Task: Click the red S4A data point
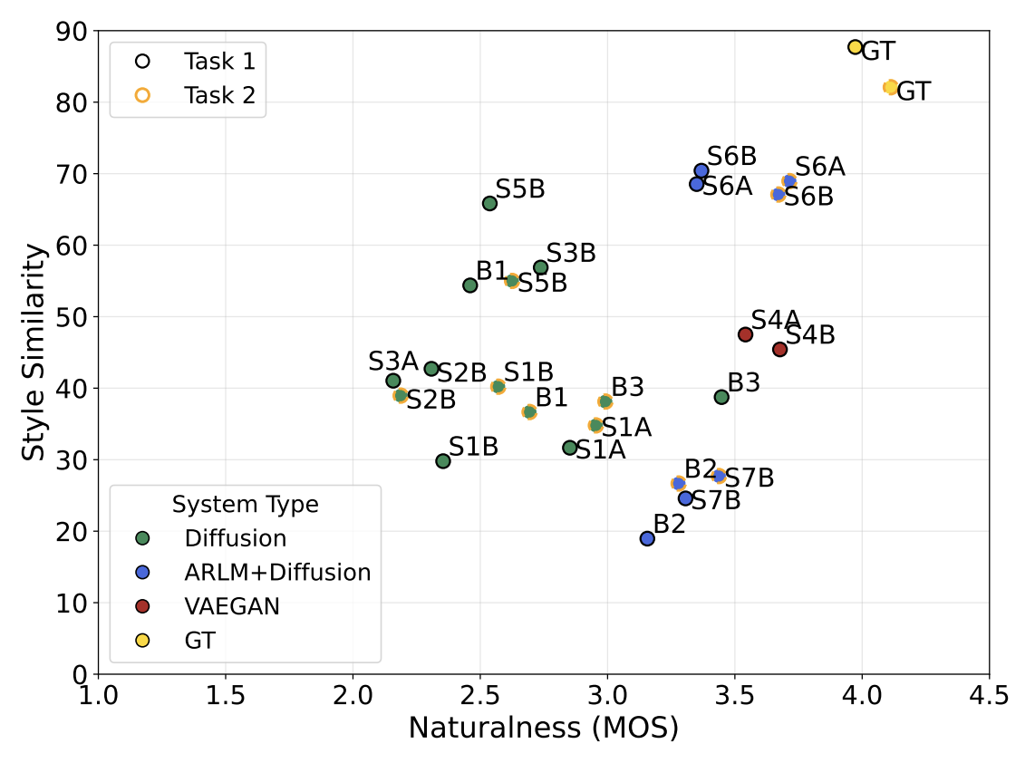click(x=745, y=334)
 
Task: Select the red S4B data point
click(x=779, y=349)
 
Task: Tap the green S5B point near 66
click(x=489, y=203)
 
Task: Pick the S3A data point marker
click(x=393, y=381)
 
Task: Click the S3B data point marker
click(x=541, y=267)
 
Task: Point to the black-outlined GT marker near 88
click(x=855, y=47)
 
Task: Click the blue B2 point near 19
click(x=647, y=538)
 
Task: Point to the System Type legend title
click(x=245, y=505)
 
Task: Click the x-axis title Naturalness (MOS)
click(x=543, y=728)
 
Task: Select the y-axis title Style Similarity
click(x=34, y=352)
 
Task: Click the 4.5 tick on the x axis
click(x=988, y=695)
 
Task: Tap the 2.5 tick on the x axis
click(x=479, y=695)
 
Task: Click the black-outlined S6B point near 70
click(x=701, y=171)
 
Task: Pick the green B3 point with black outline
click(x=721, y=397)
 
